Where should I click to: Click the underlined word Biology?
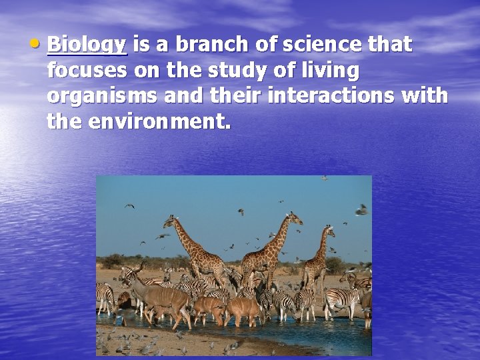[x=87, y=45]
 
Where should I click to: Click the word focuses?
[x=86, y=70]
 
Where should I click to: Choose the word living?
[x=327, y=70]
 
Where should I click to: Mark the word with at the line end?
[x=426, y=95]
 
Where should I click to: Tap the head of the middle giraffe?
[x=293, y=217]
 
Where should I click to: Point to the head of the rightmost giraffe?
[x=329, y=231]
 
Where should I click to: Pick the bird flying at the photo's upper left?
[x=130, y=206]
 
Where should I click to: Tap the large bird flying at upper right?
[x=361, y=211]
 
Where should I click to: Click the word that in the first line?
[x=389, y=45]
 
